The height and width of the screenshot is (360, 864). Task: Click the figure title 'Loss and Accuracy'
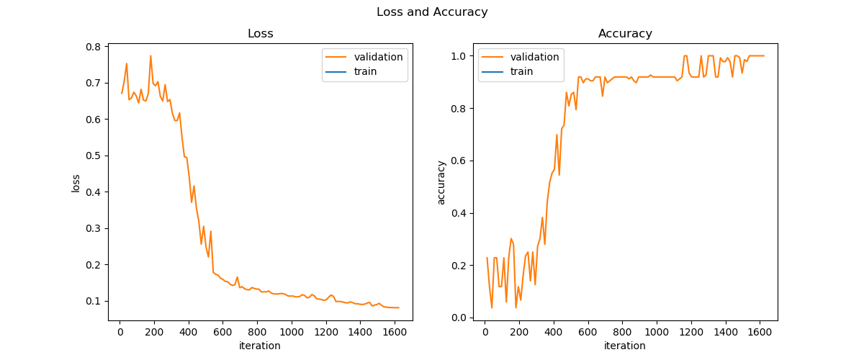coord(432,12)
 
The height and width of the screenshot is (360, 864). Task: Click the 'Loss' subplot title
coord(260,34)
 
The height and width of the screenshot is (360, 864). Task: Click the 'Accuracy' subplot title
coord(625,34)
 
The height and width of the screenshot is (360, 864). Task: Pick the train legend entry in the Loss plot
coord(365,71)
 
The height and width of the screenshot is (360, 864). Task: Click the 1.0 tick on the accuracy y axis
coord(460,56)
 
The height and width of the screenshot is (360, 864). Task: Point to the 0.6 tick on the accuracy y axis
coord(460,161)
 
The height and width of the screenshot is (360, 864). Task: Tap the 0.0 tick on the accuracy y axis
coord(460,318)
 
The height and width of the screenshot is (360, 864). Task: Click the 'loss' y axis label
coord(76,183)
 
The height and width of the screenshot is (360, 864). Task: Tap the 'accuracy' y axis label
coord(441,183)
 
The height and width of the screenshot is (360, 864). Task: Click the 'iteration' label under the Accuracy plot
coord(625,346)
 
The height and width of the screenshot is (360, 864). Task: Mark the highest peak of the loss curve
coord(150,56)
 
